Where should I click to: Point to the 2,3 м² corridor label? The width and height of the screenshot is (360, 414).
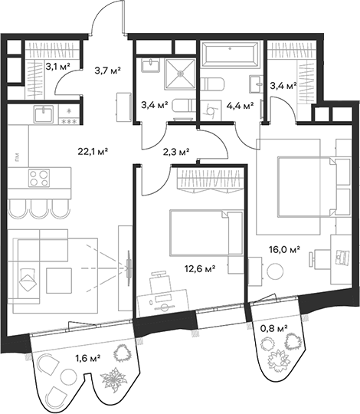(177, 151)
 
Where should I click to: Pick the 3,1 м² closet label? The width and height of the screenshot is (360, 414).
(57, 67)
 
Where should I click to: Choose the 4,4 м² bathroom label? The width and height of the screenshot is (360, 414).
(238, 106)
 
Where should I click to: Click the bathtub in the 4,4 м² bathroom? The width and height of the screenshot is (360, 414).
(231, 55)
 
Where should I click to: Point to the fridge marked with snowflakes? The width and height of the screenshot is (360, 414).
(67, 116)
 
